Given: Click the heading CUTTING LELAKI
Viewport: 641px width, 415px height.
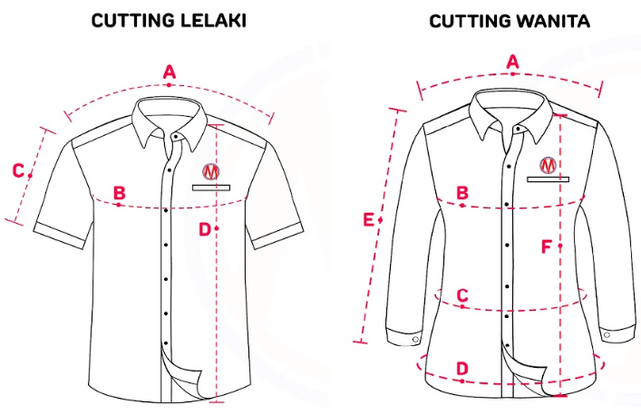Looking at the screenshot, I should [x=169, y=20].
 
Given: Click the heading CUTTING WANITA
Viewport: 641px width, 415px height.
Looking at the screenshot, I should [x=509, y=20].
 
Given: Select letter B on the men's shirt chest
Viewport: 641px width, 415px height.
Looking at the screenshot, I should [x=119, y=193].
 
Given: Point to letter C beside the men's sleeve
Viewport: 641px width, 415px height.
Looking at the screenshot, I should [x=17, y=169].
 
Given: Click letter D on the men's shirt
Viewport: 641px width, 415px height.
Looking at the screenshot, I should [x=204, y=229].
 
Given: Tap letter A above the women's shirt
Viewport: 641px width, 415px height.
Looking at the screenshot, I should [x=512, y=61].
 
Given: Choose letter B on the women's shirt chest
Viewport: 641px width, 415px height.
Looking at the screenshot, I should [x=461, y=193].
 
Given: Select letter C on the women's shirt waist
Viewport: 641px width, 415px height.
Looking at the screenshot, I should [x=461, y=295].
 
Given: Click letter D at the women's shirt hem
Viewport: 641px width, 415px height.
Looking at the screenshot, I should [x=461, y=368].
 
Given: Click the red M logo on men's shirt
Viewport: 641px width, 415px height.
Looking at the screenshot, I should [x=211, y=171].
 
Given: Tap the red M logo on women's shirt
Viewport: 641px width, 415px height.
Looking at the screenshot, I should [x=549, y=165].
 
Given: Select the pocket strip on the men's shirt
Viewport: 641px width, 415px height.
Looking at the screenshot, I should [x=211, y=188].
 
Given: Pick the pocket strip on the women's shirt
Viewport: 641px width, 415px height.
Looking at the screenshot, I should [x=549, y=179].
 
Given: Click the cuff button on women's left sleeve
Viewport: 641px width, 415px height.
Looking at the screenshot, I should [x=414, y=339].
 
